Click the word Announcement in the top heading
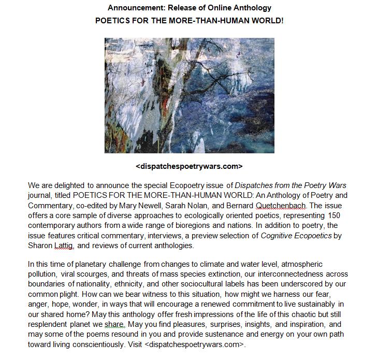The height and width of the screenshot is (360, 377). click(x=132, y=8)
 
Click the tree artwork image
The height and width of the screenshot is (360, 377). click(x=189, y=95)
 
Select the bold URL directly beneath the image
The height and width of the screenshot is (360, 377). click(x=189, y=166)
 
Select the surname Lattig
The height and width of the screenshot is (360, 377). click(x=64, y=246)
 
